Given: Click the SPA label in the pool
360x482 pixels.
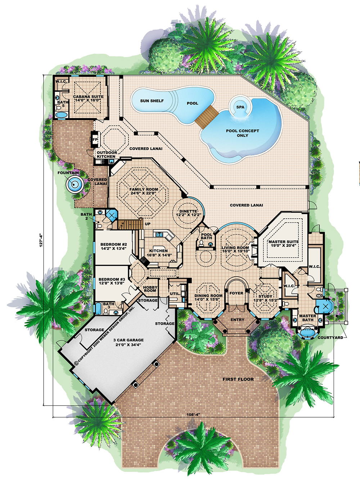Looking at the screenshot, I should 240,107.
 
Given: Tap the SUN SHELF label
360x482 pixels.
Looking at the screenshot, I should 152,101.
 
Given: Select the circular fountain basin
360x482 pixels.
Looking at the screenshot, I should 75,184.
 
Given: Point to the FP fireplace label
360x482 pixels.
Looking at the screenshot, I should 95,139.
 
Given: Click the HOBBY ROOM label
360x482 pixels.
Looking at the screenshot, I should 150,289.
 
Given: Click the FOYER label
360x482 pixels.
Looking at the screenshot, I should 236,293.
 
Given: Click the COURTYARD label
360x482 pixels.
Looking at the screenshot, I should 330,338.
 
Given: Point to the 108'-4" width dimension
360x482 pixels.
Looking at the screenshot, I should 193,415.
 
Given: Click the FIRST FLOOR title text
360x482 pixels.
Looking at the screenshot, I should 238,379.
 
